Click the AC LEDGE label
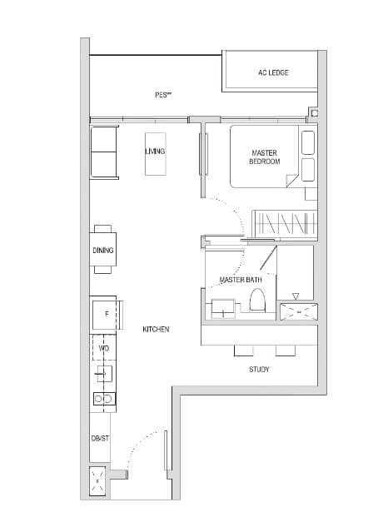click(x=273, y=72)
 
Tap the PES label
click(x=163, y=95)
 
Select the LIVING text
click(x=155, y=151)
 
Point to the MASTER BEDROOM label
click(x=265, y=157)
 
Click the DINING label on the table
click(x=103, y=251)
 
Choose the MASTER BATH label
click(x=241, y=280)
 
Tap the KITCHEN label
click(x=156, y=330)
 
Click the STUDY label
click(x=259, y=370)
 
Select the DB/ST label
click(x=100, y=439)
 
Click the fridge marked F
click(x=107, y=315)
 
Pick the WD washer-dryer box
click(x=104, y=348)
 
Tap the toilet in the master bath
click(x=257, y=300)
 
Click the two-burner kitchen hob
click(x=105, y=399)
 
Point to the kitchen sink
click(x=105, y=374)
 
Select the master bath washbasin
click(x=223, y=308)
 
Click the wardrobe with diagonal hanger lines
click(x=285, y=224)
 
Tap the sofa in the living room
click(x=104, y=152)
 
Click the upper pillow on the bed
click(x=308, y=142)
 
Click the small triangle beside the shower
click(x=296, y=297)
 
